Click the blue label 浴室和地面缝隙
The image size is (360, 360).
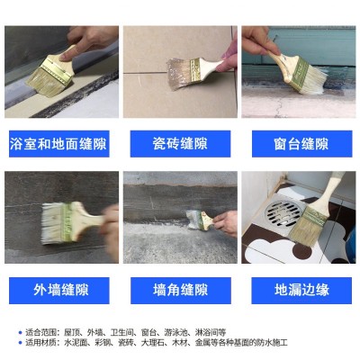(x=61, y=144)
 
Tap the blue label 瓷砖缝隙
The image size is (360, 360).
(x=181, y=144)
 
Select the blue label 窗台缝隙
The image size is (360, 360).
(x=300, y=144)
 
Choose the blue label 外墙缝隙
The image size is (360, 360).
(x=61, y=291)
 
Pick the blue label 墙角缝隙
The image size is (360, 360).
(x=181, y=291)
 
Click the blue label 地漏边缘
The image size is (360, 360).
(x=300, y=291)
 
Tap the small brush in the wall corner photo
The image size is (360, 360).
(x=196, y=218)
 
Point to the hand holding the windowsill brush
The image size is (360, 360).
(x=262, y=40)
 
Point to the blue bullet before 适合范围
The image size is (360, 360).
(x=20, y=333)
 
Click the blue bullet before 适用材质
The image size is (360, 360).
(x=20, y=343)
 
